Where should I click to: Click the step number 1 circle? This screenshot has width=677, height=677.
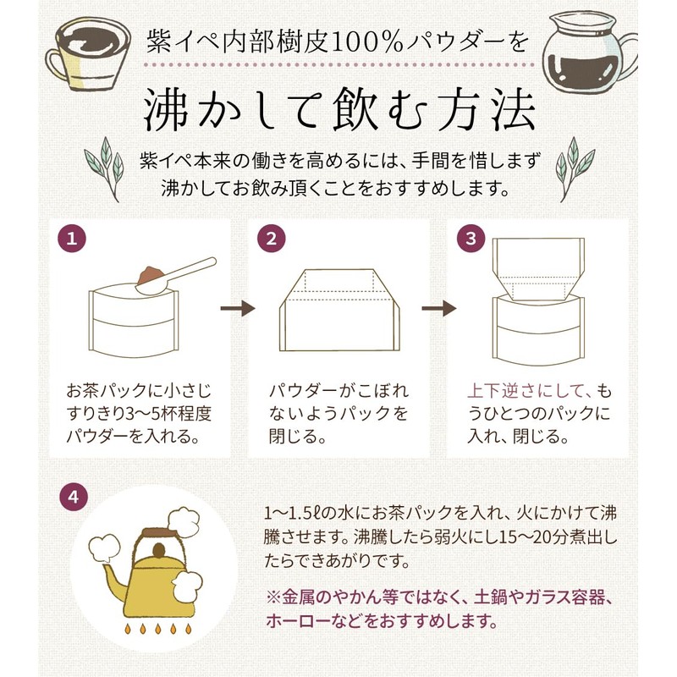[72, 239]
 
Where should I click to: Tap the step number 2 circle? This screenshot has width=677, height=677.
[272, 239]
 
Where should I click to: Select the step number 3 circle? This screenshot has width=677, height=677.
[471, 239]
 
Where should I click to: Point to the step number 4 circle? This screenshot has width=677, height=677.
[74, 497]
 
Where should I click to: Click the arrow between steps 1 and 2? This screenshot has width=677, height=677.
[238, 308]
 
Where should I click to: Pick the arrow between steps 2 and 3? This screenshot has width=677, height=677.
[438, 308]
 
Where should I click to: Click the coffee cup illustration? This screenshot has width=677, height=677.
[88, 53]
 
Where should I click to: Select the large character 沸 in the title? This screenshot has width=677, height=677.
[166, 109]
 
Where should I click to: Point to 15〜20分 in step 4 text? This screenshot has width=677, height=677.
[531, 537]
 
